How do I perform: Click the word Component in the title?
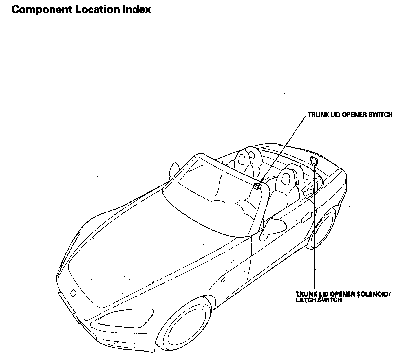[x=42, y=10]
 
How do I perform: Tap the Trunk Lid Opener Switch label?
[x=350, y=115]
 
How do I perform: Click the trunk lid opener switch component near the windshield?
[x=257, y=186]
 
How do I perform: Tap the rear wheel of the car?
[x=324, y=228]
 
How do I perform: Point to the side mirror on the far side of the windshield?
[x=174, y=169]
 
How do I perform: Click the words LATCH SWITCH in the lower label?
[x=319, y=300]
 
